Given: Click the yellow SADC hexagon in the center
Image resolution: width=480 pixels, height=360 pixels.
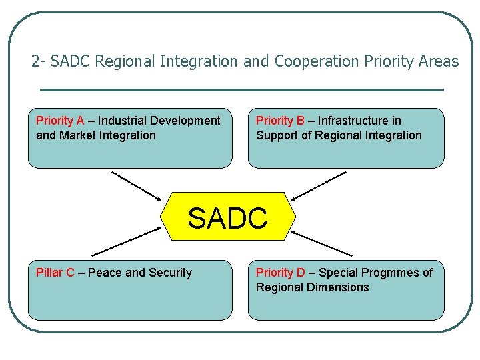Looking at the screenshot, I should (x=227, y=217).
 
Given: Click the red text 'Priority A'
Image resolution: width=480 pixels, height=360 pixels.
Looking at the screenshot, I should (x=60, y=121).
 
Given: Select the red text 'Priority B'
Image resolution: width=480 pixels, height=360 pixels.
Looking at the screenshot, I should (x=280, y=121).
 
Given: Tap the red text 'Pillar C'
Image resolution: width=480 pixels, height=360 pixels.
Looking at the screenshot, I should (x=55, y=273).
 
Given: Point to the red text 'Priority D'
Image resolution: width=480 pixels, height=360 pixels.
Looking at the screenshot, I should (x=280, y=273).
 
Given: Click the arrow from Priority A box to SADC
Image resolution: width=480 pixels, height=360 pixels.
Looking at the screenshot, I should (x=137, y=186).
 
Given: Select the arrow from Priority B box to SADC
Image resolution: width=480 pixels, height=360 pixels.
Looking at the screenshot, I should (x=319, y=185).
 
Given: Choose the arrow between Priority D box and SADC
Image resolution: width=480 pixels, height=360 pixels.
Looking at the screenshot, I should (x=321, y=243).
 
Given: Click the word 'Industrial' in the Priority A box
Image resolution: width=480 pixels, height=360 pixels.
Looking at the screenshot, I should (x=123, y=121).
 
